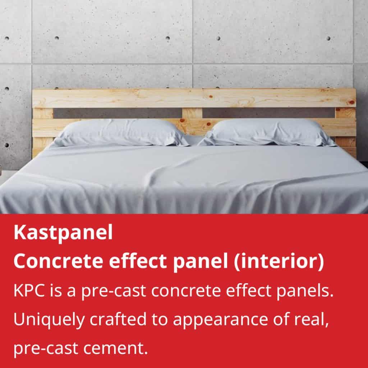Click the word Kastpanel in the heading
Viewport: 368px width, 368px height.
click(x=63, y=233)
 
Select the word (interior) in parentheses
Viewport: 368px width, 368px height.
click(x=279, y=262)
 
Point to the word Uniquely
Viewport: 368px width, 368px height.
click(x=49, y=319)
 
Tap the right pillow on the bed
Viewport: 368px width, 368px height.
click(x=267, y=132)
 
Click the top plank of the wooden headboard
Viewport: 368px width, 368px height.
click(x=194, y=98)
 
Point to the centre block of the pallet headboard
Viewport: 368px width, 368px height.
click(x=192, y=113)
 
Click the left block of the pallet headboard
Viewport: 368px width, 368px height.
click(x=43, y=113)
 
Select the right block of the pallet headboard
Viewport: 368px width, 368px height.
click(x=345, y=113)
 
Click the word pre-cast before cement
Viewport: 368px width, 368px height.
click(x=46, y=349)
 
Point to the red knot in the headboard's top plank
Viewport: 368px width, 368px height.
click(x=211, y=96)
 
